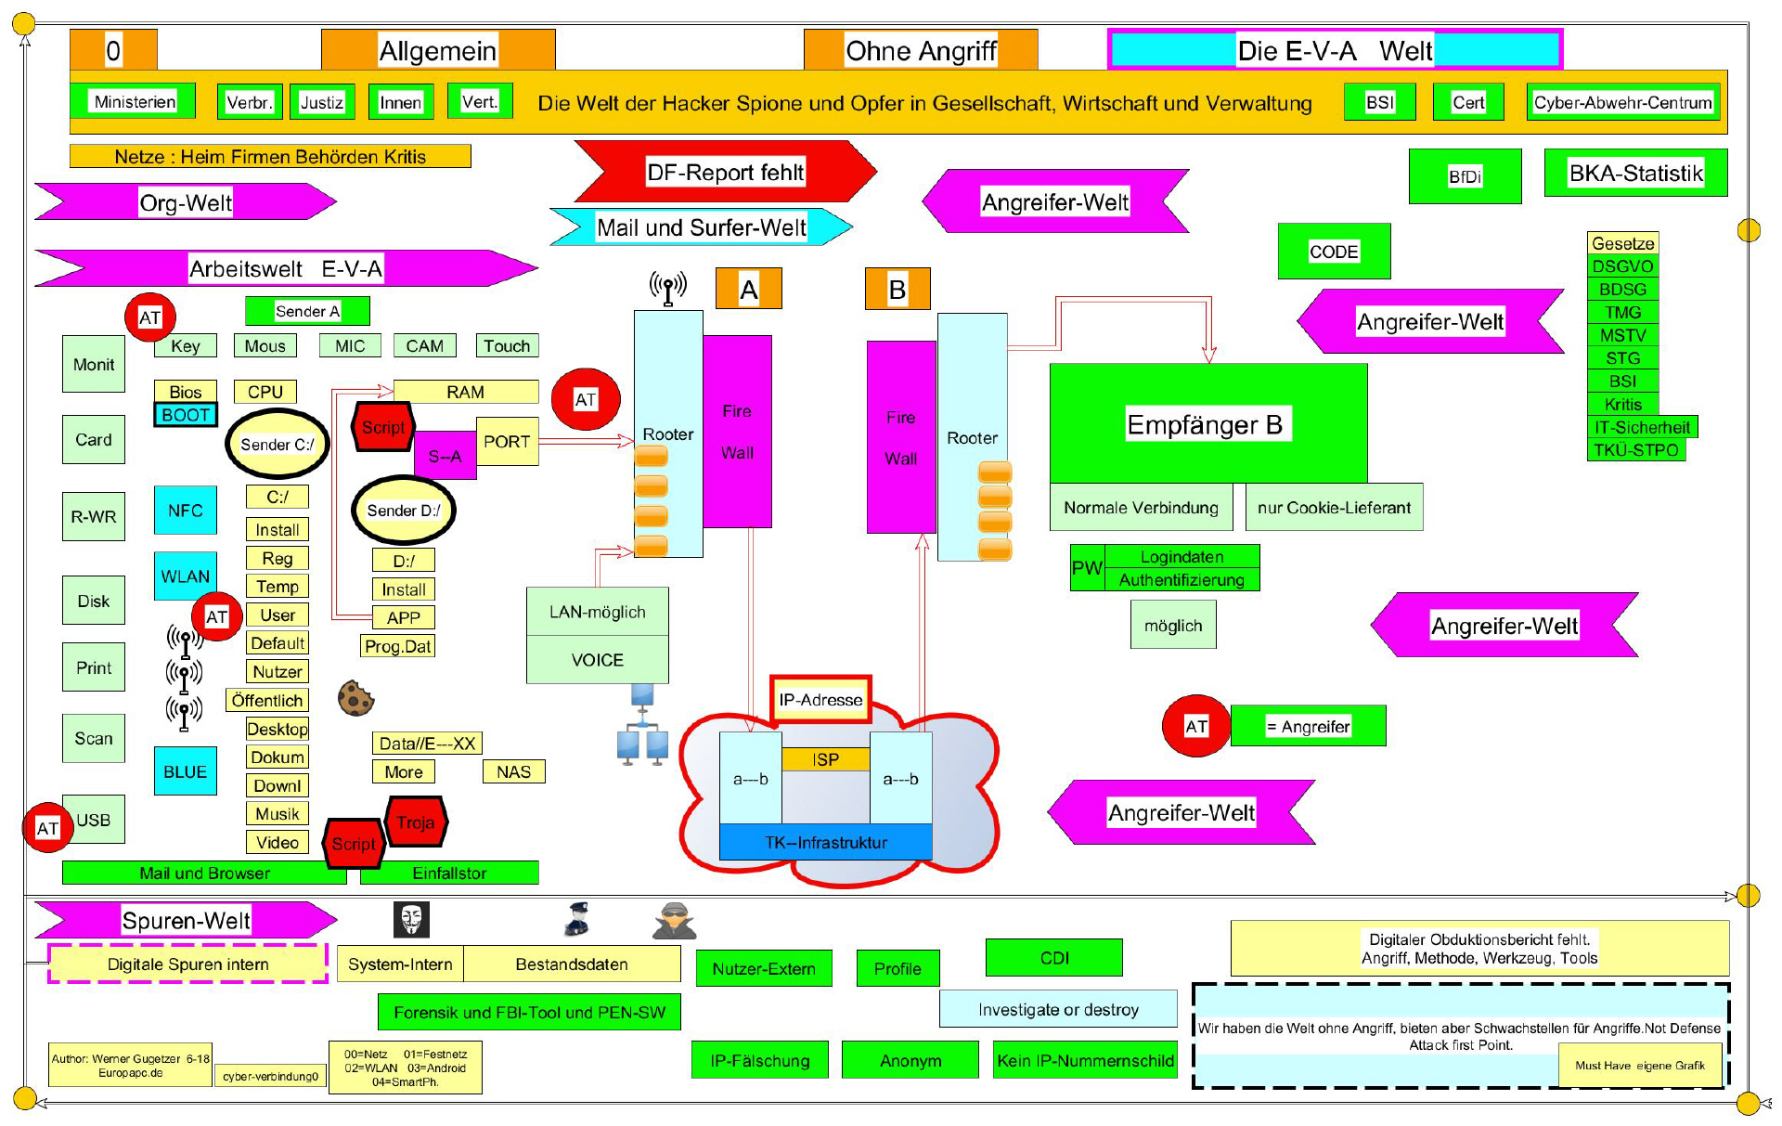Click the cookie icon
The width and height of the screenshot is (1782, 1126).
[x=355, y=698]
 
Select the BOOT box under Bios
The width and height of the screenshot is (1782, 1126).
[x=186, y=415]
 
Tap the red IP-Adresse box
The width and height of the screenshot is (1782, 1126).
[x=820, y=700]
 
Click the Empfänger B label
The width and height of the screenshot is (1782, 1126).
[x=1205, y=424]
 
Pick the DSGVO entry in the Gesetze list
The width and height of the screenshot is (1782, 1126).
[x=1622, y=266]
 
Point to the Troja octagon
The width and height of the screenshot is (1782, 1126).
[x=416, y=822]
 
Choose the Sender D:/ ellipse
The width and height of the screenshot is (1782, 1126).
[x=404, y=511]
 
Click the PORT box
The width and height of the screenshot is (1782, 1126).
[x=507, y=442]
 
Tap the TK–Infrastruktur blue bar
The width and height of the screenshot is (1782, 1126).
[x=825, y=842]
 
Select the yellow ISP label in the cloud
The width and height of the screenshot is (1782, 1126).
[x=825, y=759]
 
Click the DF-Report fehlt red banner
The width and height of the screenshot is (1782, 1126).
[x=725, y=172]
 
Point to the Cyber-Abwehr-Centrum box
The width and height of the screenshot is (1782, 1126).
[x=1622, y=102]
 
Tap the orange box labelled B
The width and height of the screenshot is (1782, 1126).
[x=897, y=290]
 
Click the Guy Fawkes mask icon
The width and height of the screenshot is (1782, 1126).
[x=411, y=919]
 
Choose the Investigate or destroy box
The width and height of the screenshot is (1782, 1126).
[x=1058, y=1009]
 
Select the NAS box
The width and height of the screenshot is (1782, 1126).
[x=513, y=771]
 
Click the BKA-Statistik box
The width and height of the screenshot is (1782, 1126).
[x=1635, y=174]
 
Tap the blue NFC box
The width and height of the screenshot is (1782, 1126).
[x=186, y=511]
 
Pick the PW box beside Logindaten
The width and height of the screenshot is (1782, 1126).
[x=1087, y=568]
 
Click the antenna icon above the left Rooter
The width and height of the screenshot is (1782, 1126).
[x=668, y=288]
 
